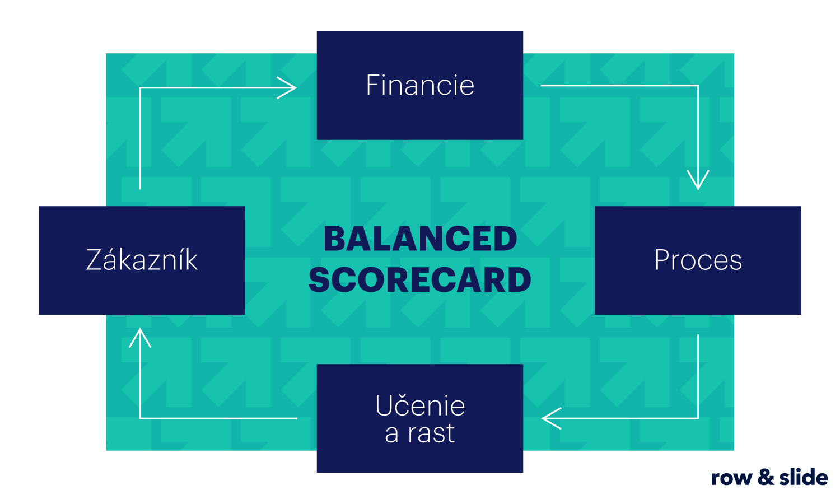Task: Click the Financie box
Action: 420,85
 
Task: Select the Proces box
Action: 698,260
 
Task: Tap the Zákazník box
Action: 142,260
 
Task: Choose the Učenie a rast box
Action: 420,418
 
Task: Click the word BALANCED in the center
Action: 420,239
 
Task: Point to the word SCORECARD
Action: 420,280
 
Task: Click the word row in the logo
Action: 731,478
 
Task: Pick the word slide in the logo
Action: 804,477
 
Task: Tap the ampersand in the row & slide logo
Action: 766,477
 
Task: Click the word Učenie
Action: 420,406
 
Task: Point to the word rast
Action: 431,433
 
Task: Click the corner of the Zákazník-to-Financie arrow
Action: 140,88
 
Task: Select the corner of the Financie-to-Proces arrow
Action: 698,86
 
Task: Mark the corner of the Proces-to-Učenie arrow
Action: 698,418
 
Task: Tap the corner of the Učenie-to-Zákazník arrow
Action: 140,418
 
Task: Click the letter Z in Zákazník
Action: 94,260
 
